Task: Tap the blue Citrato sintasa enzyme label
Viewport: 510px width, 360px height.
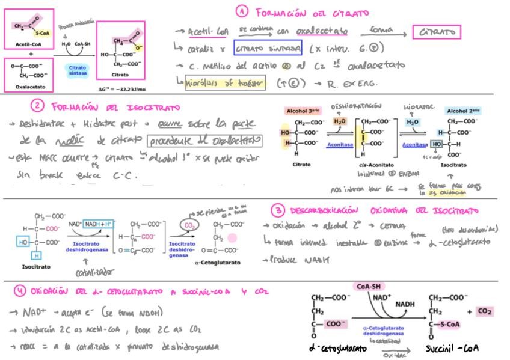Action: [x=78, y=70]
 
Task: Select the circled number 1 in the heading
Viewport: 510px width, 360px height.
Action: [x=242, y=12]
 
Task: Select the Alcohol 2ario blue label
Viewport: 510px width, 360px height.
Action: [x=464, y=111]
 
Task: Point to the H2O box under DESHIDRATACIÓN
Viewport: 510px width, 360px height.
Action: [x=340, y=121]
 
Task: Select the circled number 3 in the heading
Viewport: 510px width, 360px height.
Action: [x=277, y=210]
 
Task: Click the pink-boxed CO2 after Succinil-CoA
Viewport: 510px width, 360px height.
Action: [x=485, y=311]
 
